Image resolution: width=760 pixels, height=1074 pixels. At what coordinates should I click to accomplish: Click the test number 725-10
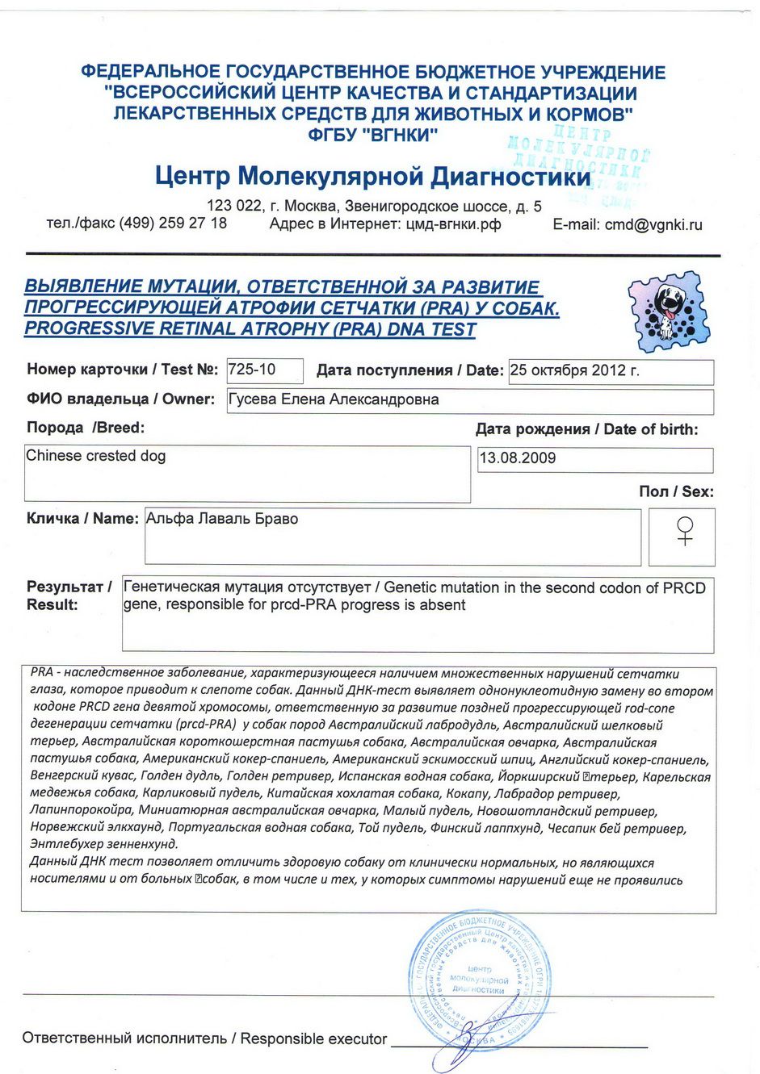click(x=252, y=370)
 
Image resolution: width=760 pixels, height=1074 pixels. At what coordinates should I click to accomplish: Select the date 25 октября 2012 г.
click(x=574, y=371)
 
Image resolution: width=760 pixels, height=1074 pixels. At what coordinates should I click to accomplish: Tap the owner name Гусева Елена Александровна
click(x=334, y=399)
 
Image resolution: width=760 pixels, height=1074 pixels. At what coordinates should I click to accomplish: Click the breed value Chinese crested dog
click(x=96, y=456)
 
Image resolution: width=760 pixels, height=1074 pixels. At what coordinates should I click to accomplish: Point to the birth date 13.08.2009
click(x=518, y=458)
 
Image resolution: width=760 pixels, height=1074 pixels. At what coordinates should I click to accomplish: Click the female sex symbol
click(x=685, y=531)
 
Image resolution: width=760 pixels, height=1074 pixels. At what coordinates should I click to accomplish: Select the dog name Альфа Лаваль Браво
click(x=222, y=519)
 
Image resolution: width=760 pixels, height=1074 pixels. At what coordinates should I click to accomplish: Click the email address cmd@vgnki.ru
click(x=653, y=225)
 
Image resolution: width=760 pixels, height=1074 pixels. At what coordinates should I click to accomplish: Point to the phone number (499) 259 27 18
click(x=173, y=224)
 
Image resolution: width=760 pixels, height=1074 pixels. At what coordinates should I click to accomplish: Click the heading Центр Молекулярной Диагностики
click(x=372, y=176)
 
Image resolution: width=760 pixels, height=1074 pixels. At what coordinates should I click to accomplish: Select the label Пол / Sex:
click(x=676, y=491)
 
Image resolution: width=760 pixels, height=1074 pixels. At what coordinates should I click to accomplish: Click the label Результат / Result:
click(x=69, y=596)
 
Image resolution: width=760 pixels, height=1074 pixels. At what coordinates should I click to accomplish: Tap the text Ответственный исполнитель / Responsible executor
click(x=204, y=1038)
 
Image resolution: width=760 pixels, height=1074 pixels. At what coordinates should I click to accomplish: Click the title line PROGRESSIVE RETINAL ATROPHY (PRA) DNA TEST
click(x=250, y=329)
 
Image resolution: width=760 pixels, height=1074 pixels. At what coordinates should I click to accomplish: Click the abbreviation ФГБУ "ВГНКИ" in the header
click(x=372, y=135)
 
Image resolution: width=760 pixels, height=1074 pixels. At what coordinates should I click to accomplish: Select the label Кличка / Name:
click(x=82, y=519)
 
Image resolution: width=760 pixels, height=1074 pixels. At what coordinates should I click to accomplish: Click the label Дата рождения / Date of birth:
click(x=586, y=429)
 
